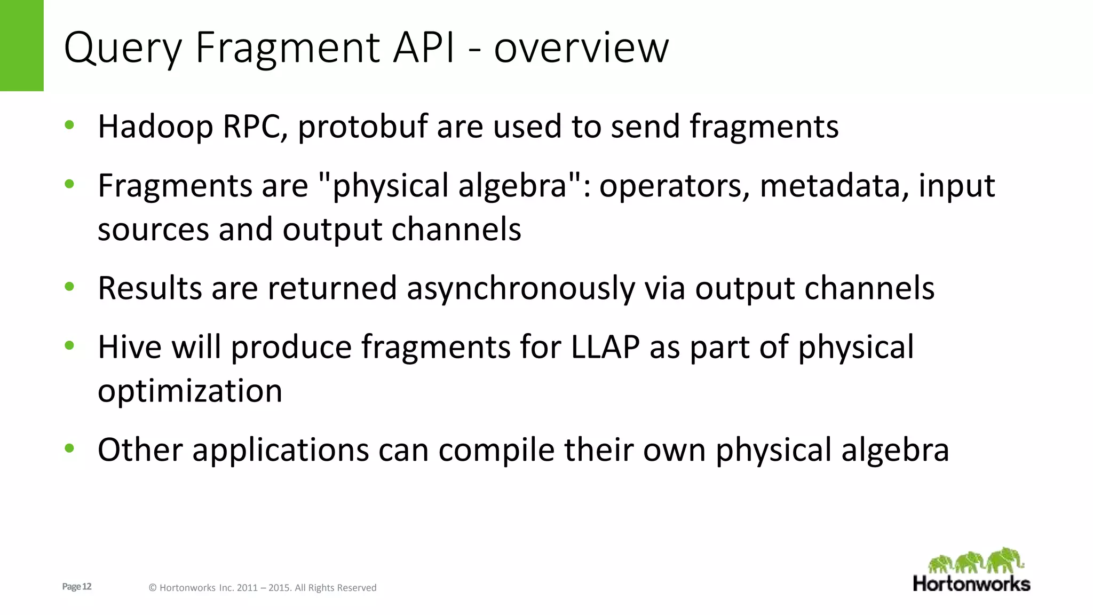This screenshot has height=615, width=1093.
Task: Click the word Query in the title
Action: [x=123, y=48]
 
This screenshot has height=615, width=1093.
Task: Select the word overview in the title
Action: [x=581, y=48]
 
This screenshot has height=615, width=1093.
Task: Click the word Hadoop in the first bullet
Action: [x=155, y=127]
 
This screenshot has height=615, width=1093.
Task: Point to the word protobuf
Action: [x=363, y=127]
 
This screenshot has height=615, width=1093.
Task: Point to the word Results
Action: [x=150, y=288]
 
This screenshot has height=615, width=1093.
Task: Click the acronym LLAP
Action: [x=605, y=347]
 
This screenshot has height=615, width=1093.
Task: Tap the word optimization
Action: [x=190, y=391]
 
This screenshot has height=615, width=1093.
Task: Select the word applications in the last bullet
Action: [x=281, y=451]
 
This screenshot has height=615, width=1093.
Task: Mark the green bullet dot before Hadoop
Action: [x=69, y=125]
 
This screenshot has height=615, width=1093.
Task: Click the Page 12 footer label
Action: [x=77, y=587]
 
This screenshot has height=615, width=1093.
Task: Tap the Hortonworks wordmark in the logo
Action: [x=971, y=584]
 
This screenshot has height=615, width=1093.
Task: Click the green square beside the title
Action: [x=21, y=45]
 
